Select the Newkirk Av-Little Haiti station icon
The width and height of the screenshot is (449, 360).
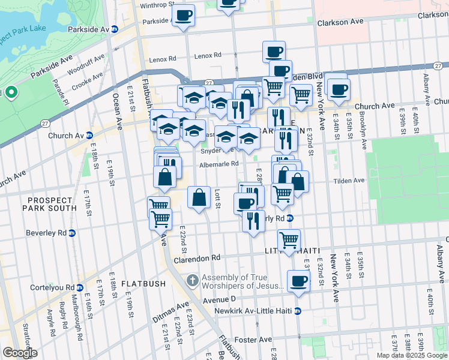point(297,311)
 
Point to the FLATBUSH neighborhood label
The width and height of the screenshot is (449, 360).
point(140,283)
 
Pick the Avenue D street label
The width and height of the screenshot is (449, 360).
point(220,299)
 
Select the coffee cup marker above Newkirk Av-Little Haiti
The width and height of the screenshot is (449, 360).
point(298,281)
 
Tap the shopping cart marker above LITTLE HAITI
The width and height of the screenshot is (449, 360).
point(290,240)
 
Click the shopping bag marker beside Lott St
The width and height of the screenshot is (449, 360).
point(199,197)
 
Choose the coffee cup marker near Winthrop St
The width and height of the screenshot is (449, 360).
point(184,14)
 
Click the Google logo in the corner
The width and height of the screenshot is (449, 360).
point(20,353)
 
